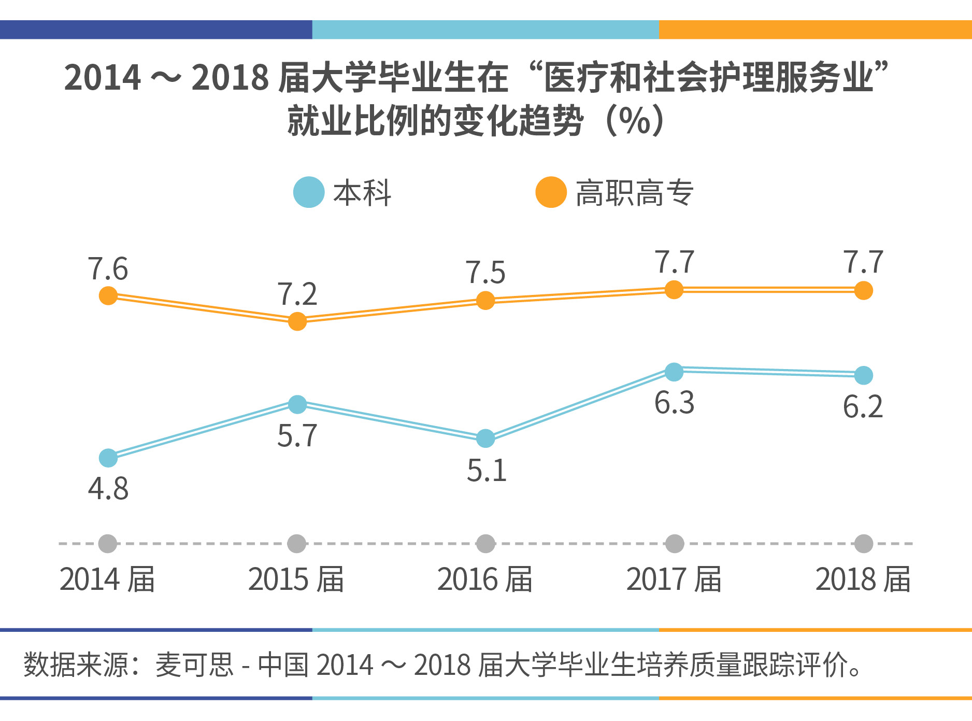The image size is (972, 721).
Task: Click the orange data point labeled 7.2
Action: coord(297,321)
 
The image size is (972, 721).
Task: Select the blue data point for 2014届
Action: coord(108,458)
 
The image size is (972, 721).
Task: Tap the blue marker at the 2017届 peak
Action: coord(674,371)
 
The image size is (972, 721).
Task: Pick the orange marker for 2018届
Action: coord(863,290)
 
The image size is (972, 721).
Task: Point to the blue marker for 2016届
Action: coord(485,439)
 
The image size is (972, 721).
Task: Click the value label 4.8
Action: coord(108,489)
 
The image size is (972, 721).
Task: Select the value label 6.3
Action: coord(674,403)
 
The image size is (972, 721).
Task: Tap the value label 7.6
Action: coord(108,269)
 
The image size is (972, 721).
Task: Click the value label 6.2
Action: coord(863,407)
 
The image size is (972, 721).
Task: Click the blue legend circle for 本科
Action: coord(309,192)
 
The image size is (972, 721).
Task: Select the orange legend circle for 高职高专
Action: coord(551,192)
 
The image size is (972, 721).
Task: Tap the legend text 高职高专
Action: coord(635,193)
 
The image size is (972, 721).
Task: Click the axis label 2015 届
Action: coord(296,579)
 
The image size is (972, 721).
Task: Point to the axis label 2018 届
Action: coord(863,579)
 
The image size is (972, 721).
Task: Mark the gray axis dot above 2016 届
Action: coord(485,544)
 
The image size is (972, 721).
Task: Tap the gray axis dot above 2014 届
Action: coord(108,544)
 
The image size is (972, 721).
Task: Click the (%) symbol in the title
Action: coord(635,121)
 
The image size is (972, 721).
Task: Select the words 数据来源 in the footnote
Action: coord(75,665)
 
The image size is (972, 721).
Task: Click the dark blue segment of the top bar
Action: coord(155,30)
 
